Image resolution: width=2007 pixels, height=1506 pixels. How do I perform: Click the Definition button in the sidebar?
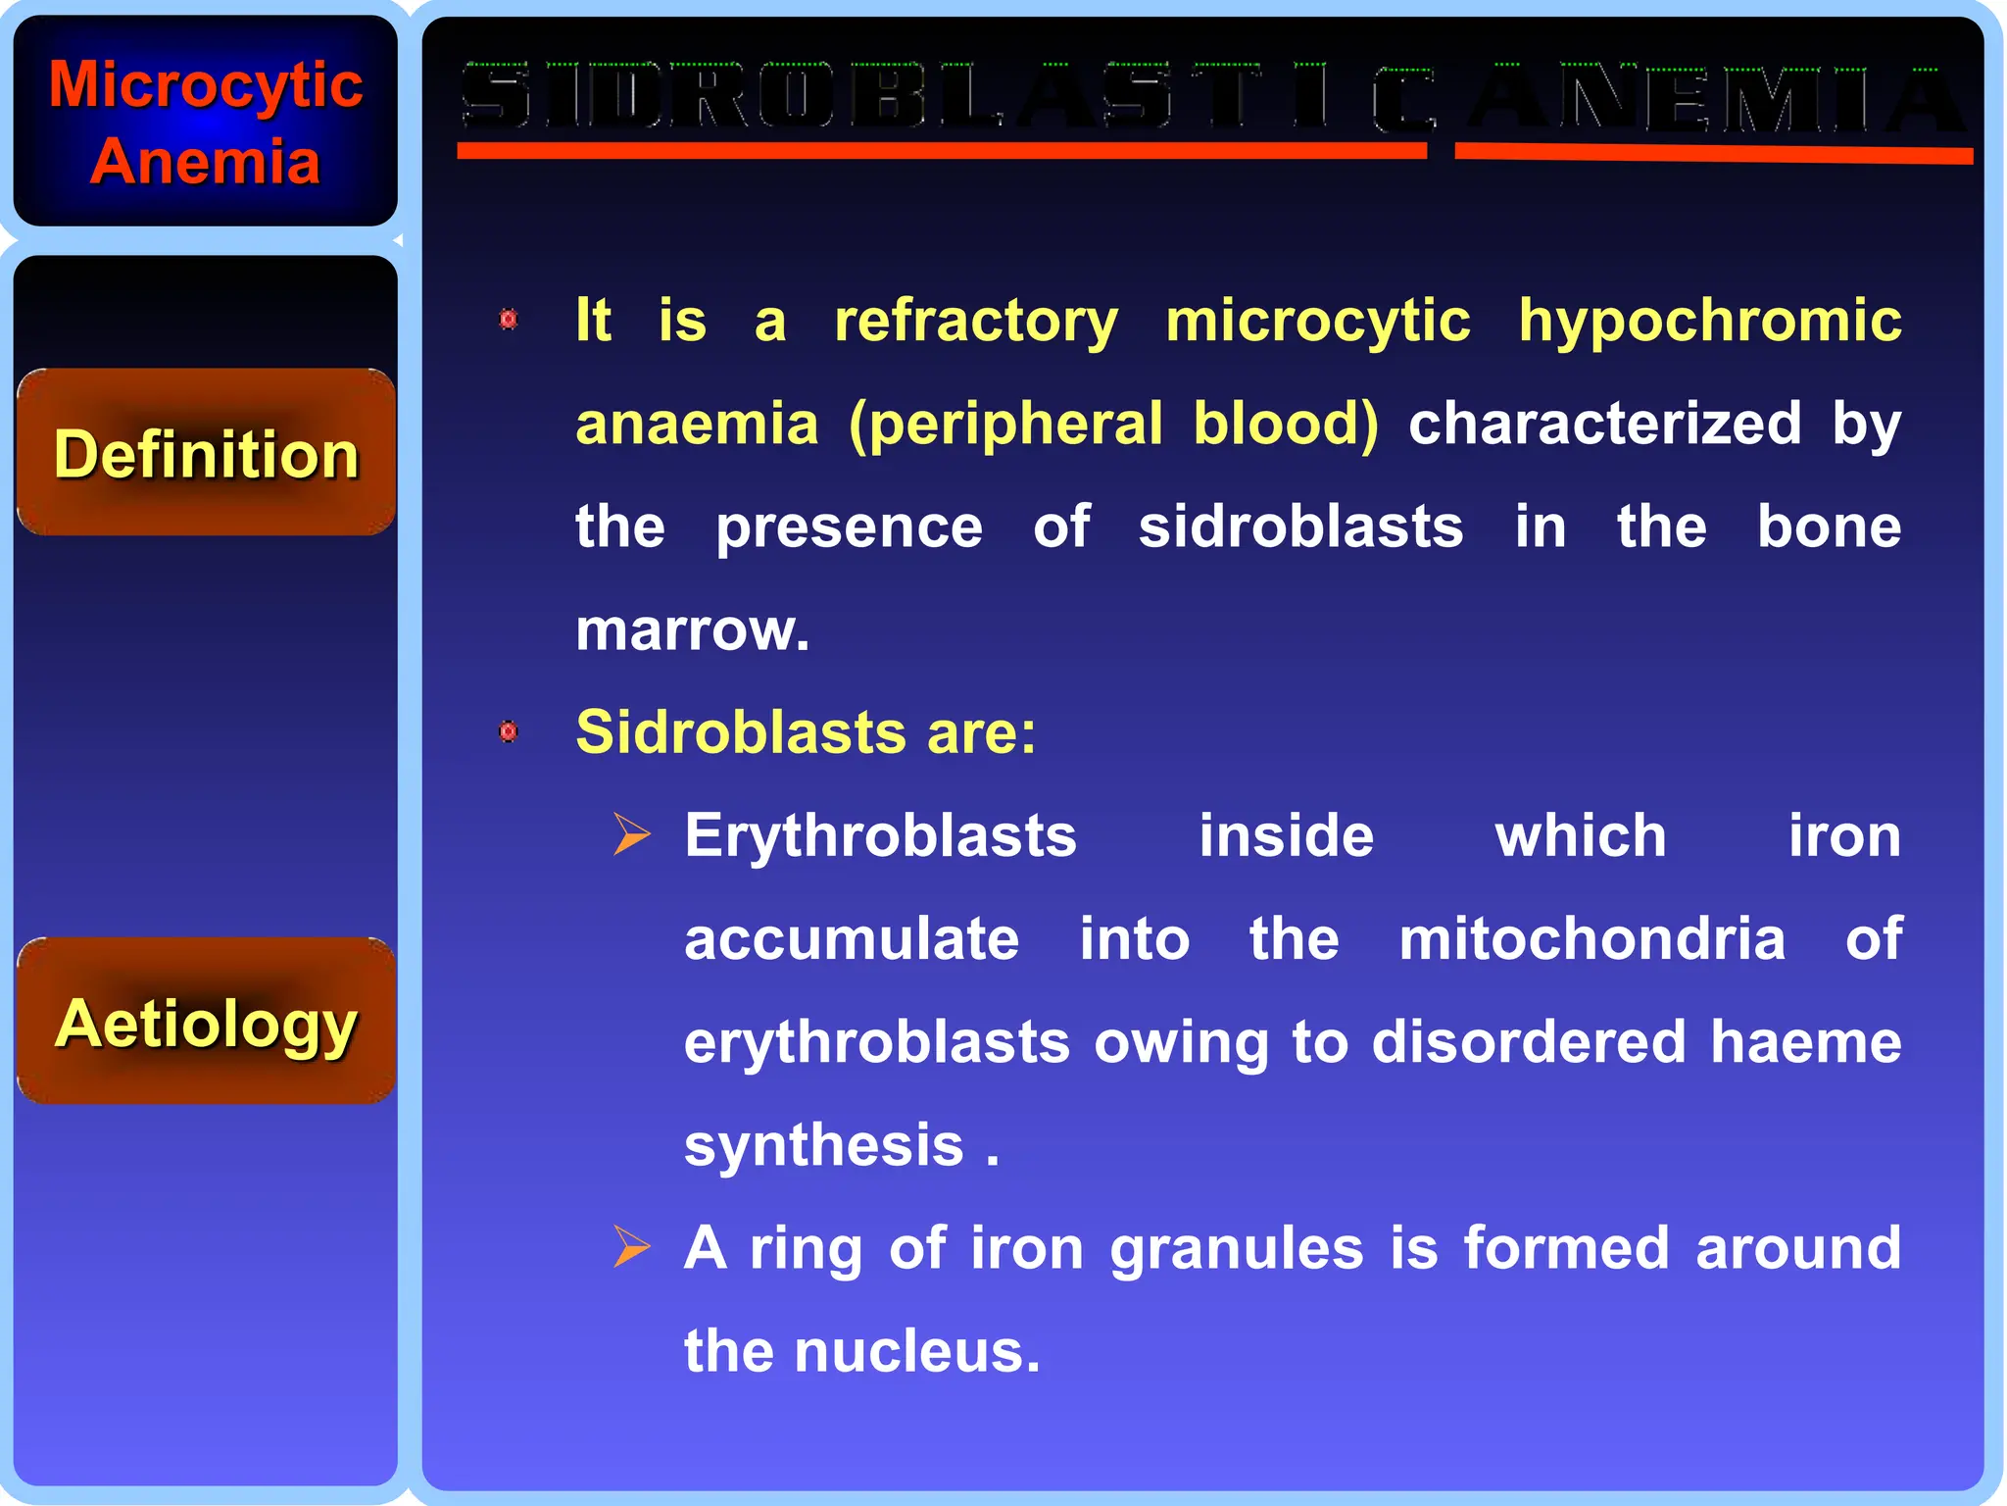(206, 453)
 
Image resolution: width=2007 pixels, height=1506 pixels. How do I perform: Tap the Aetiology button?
(206, 1022)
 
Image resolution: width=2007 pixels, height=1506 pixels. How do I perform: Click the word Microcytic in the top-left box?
(206, 84)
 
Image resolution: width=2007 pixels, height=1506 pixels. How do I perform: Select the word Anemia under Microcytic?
(206, 161)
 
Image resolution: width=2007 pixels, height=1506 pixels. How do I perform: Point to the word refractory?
(975, 322)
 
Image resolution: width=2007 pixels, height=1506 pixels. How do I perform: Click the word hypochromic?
(1709, 322)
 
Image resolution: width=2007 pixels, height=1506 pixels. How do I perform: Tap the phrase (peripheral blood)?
(1113, 425)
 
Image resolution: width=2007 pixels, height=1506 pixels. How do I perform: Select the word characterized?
(1604, 425)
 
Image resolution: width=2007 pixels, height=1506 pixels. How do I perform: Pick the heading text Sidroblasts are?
(806, 732)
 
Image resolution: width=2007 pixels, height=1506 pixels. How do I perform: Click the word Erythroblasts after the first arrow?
(880, 836)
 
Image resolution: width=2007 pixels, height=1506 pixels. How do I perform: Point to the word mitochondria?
(1591, 939)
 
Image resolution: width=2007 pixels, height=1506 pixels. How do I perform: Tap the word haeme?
(1805, 1042)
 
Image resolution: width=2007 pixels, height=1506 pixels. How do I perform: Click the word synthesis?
(824, 1145)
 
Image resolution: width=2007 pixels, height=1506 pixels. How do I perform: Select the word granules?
(1236, 1249)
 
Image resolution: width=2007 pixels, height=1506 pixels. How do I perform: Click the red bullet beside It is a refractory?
(508, 320)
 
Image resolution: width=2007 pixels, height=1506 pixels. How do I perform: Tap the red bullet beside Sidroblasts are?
(508, 731)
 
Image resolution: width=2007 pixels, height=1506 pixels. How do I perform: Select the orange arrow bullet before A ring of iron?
(631, 1247)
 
